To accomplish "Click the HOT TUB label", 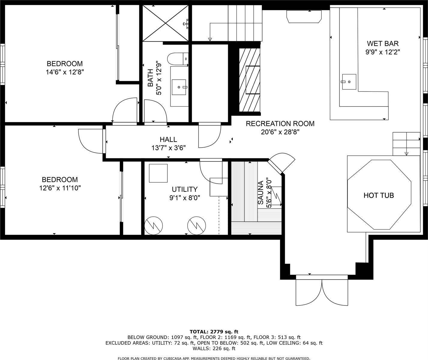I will point(378,195).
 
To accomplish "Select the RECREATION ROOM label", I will point(280,124).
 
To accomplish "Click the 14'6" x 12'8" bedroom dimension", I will point(65,72).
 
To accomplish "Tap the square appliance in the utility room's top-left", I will point(158,173).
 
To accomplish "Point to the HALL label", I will point(168,139).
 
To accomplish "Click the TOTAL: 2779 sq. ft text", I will point(214,331).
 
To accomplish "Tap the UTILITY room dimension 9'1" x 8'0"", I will point(185,198).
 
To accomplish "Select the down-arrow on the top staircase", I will point(210,39).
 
